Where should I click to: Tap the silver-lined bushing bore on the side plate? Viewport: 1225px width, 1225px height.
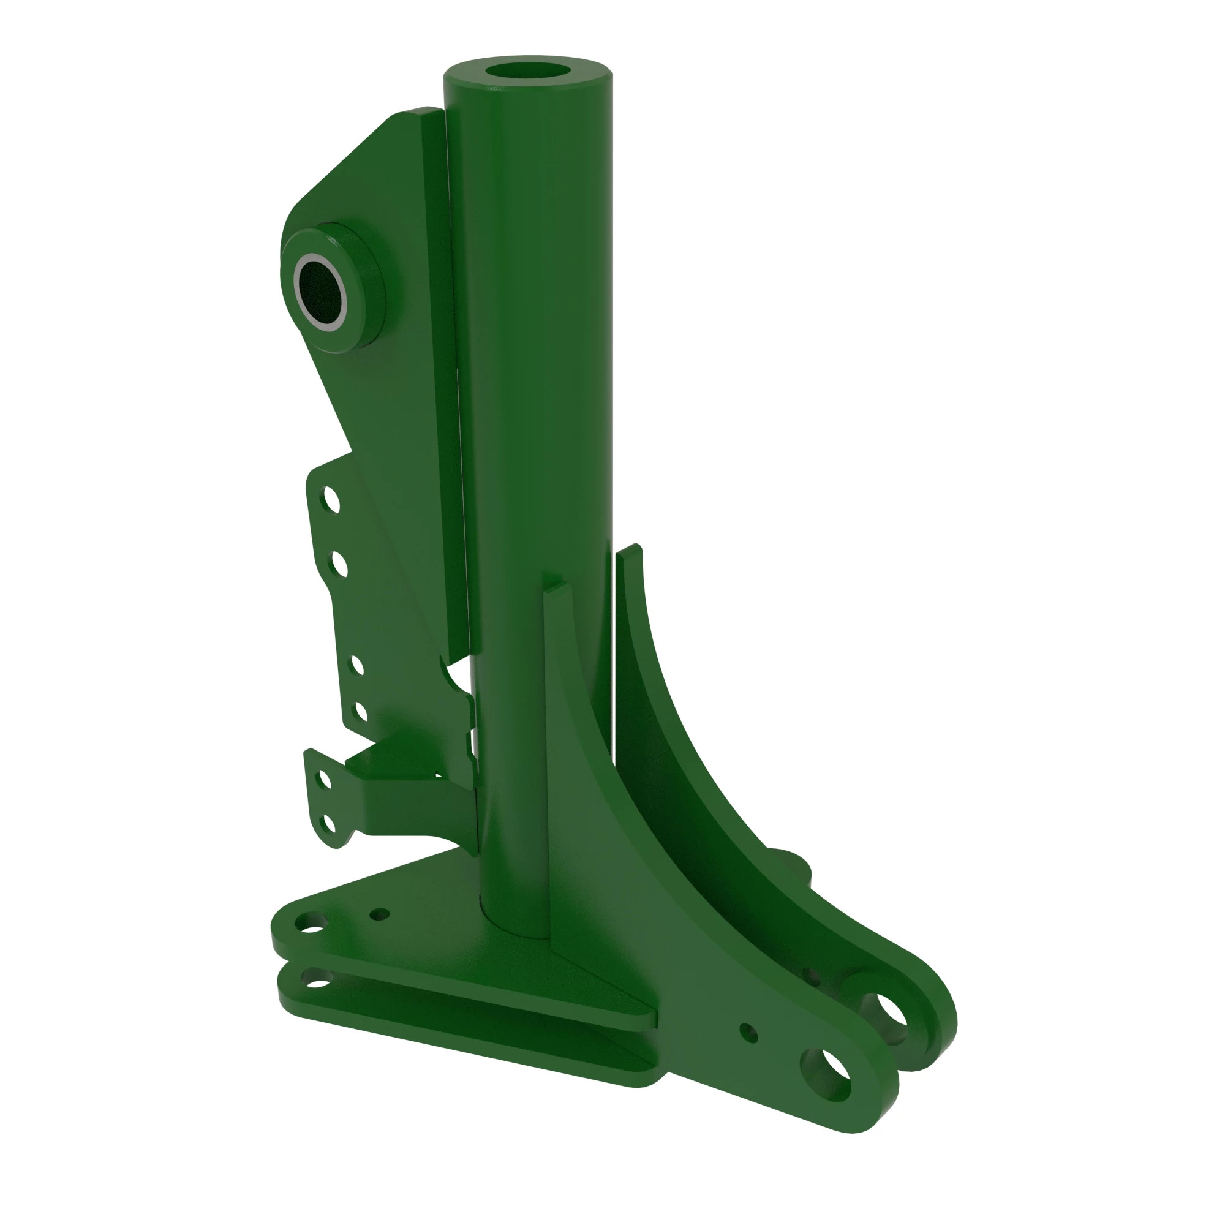(x=322, y=292)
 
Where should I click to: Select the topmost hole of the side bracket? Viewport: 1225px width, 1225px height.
(x=330, y=500)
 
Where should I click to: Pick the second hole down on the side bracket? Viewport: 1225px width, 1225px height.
(x=338, y=563)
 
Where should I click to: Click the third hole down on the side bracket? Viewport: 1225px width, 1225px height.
(x=357, y=666)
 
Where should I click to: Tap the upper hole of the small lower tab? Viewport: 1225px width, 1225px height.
(x=325, y=778)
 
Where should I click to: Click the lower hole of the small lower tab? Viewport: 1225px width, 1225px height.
(x=328, y=824)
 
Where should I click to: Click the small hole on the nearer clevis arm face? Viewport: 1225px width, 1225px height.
(x=749, y=1032)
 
